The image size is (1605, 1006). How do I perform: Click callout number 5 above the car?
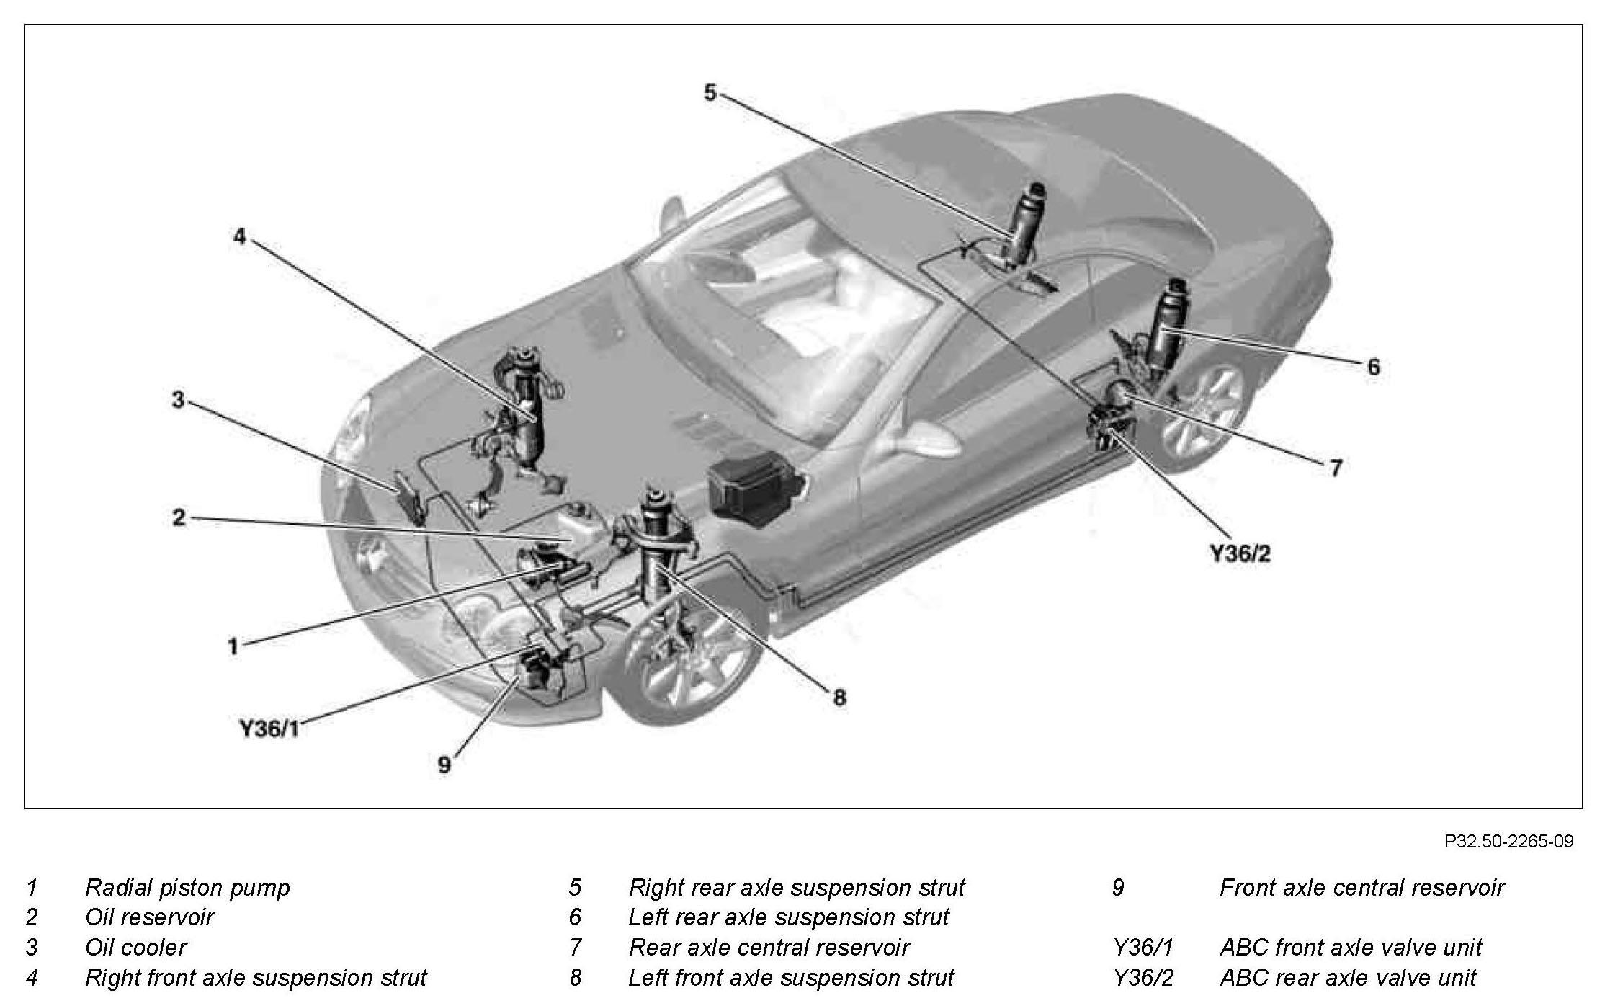point(710,92)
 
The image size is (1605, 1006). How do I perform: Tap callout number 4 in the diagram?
point(240,236)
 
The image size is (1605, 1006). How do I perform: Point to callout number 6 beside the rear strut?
point(1373,367)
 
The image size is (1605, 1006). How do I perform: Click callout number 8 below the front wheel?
point(839,697)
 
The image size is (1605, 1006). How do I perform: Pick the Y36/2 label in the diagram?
point(1240,553)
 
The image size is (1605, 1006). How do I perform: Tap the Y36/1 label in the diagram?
point(269,729)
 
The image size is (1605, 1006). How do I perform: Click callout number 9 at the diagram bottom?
point(444,765)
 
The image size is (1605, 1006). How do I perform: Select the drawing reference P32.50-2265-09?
point(1508,841)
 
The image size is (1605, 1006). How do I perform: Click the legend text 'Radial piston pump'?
point(187,887)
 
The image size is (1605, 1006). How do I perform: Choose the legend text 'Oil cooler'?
point(135,947)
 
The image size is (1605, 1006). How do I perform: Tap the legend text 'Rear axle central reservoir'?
point(769,947)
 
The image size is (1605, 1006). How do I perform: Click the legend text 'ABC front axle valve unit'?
point(1351,947)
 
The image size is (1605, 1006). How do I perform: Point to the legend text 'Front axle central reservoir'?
point(1362,887)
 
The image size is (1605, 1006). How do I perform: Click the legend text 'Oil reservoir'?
point(149,917)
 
